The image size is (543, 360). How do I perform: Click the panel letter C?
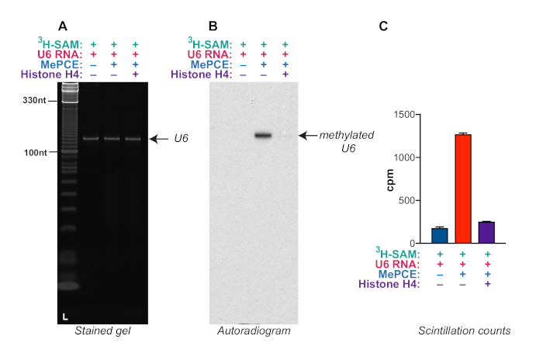click(x=383, y=26)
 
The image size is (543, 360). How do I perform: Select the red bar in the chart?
click(x=463, y=189)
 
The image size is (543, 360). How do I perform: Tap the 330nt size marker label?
click(x=36, y=100)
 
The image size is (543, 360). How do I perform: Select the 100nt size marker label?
click(x=36, y=152)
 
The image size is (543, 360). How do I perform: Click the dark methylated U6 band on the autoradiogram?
click(x=263, y=135)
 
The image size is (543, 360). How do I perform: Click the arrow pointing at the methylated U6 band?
click(x=306, y=135)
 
